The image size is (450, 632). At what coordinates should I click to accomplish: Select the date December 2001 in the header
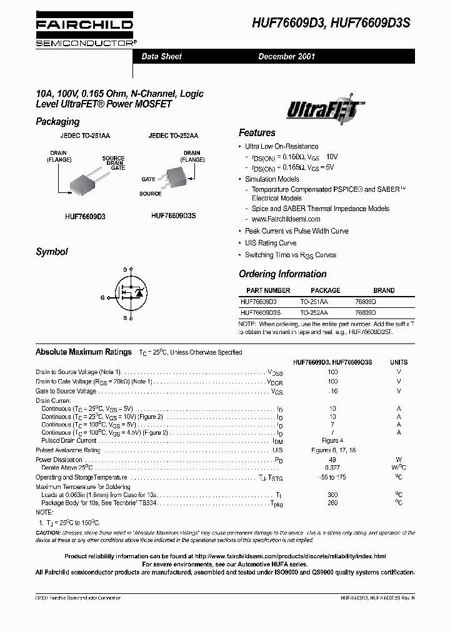tap(287, 56)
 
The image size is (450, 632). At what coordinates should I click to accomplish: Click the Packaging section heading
tap(57, 122)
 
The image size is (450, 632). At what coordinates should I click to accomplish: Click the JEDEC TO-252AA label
tap(173, 136)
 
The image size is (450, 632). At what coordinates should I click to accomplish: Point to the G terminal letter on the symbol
tap(102, 298)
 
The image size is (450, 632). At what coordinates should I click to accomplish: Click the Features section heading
tap(257, 133)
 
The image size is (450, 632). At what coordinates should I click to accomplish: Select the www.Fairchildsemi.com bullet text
tap(286, 219)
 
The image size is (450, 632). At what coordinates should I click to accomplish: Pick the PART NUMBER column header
tap(268, 290)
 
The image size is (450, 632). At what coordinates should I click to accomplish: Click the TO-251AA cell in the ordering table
tap(314, 301)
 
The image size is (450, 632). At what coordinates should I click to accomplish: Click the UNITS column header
tap(399, 362)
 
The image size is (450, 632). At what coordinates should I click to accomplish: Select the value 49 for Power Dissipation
tap(332, 460)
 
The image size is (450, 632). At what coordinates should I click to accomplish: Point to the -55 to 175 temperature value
tap(332, 477)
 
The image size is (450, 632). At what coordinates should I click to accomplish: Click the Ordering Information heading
tap(282, 274)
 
